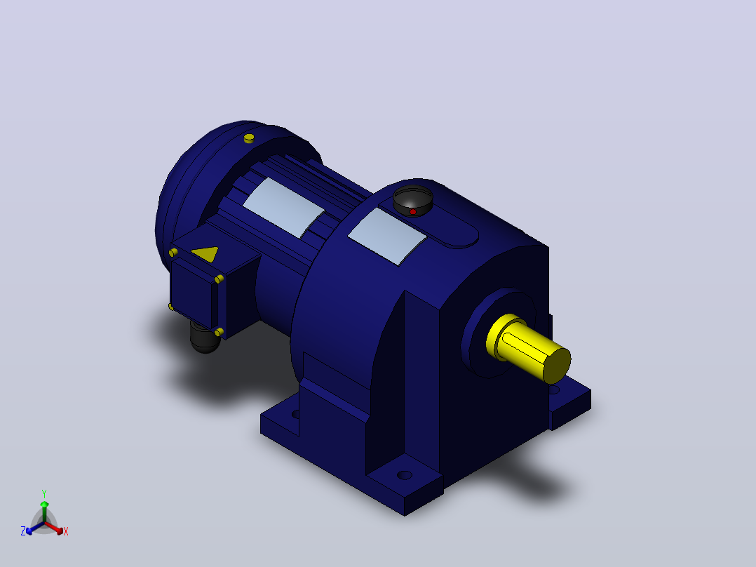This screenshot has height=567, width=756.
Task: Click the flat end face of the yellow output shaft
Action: tap(558, 366)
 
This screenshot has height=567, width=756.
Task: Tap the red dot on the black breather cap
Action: tap(412, 212)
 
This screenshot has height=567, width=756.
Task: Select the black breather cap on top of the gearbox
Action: tap(412, 200)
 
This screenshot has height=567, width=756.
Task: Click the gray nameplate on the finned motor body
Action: tap(283, 208)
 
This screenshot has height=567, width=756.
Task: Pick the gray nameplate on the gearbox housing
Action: tap(387, 236)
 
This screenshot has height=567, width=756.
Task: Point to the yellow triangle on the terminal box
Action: tap(206, 253)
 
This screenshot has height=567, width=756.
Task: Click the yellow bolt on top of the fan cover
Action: tap(249, 138)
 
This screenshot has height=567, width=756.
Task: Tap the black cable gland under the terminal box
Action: tap(205, 338)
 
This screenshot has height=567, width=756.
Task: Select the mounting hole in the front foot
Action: tap(405, 475)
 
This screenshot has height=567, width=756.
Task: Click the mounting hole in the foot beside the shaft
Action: tap(554, 389)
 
